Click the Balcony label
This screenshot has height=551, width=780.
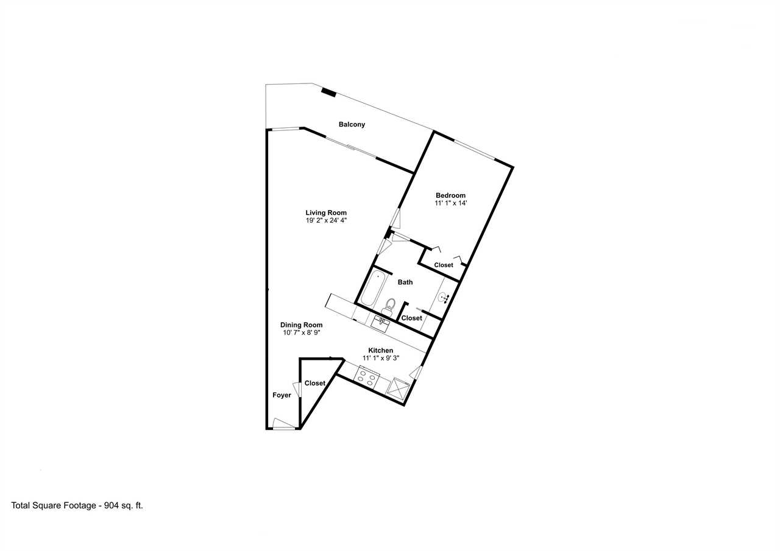[x=352, y=124]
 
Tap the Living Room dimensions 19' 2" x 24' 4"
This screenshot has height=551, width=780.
[x=326, y=220]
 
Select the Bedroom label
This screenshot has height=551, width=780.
[x=450, y=195]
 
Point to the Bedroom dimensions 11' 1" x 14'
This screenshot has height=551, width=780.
[x=450, y=203]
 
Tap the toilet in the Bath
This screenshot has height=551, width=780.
[x=389, y=307]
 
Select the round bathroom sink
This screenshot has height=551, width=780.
[x=444, y=298]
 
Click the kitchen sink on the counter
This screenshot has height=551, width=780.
[x=380, y=324]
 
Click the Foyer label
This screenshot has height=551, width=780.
[x=282, y=395]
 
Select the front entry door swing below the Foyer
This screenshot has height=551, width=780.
[x=284, y=424]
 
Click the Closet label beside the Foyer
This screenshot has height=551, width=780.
[x=315, y=383]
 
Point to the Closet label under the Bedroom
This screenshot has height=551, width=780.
[x=444, y=265]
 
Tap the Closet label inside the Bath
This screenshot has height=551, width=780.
[x=411, y=318]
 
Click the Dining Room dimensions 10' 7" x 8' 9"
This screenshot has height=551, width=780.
[x=302, y=332]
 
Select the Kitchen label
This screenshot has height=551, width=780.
[x=381, y=350]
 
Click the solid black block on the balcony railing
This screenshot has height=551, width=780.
[x=328, y=93]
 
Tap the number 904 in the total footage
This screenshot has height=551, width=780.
[x=111, y=505]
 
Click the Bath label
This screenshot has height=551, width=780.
[x=405, y=282]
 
